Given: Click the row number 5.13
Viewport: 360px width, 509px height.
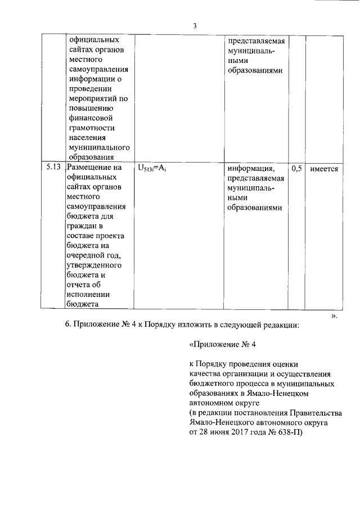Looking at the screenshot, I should point(53,168).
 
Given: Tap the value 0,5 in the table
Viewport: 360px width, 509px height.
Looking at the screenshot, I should point(296,168).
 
